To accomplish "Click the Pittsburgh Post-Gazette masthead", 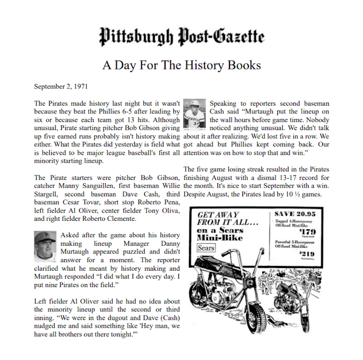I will [181, 36].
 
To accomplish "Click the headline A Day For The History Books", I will [181, 65].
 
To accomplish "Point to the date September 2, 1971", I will [61, 86].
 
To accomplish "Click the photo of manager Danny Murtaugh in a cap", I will [45, 247].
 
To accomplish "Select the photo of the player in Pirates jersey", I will [195, 114].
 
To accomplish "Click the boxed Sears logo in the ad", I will [206, 248].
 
